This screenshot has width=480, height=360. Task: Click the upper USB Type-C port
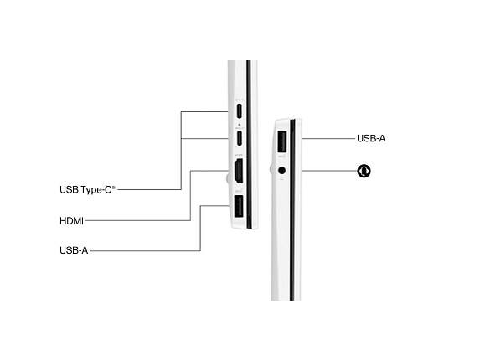(x=239, y=111)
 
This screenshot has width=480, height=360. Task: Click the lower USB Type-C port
(x=239, y=138)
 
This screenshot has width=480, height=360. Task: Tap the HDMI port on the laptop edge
(x=239, y=171)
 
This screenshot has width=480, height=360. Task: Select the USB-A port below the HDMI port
(x=239, y=207)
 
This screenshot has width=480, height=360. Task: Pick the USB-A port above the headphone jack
(x=282, y=141)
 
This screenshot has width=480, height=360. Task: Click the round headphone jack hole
(x=282, y=170)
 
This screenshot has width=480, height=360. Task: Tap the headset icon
(x=364, y=171)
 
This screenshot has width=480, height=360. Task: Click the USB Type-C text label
(x=88, y=190)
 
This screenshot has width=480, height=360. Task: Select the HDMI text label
(x=71, y=220)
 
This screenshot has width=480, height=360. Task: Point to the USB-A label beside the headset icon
(x=371, y=138)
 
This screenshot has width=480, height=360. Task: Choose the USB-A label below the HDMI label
(x=74, y=250)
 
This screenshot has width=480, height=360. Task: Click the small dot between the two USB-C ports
(x=239, y=125)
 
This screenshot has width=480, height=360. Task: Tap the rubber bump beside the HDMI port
(x=228, y=178)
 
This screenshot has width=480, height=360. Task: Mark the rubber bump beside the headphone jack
(x=271, y=169)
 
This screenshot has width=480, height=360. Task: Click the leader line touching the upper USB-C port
(x=204, y=111)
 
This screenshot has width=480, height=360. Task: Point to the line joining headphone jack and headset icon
(x=329, y=171)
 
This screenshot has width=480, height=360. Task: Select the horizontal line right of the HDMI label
(x=138, y=220)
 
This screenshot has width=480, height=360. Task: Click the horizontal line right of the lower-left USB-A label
(x=146, y=251)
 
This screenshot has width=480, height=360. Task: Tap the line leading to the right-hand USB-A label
(x=328, y=138)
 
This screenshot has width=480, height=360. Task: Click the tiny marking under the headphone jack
(x=282, y=177)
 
